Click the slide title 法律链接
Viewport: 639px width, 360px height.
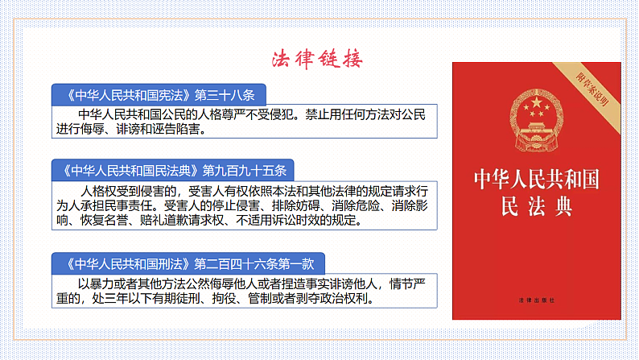(x=316, y=60)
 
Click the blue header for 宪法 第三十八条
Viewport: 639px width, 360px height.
(x=158, y=93)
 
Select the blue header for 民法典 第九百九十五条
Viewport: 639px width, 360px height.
(x=173, y=171)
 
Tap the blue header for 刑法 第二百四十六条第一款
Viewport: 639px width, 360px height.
(x=192, y=263)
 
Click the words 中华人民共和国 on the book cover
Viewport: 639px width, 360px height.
(x=536, y=179)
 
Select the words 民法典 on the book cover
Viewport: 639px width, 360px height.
(x=536, y=207)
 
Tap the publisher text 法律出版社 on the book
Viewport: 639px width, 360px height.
(x=536, y=300)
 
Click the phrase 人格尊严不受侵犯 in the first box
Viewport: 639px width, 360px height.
(x=238, y=113)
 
